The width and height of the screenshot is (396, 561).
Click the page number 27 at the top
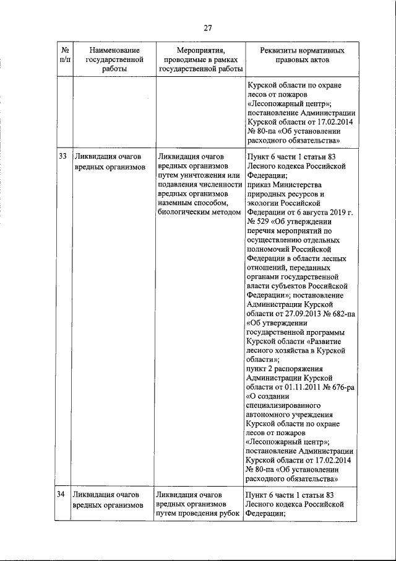click(x=208, y=27)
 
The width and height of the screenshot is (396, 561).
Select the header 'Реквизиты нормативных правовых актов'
click(x=295, y=55)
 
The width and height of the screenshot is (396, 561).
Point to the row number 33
click(x=62, y=157)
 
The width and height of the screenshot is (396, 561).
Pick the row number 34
click(x=61, y=495)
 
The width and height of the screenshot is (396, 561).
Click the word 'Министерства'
click(x=293, y=185)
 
